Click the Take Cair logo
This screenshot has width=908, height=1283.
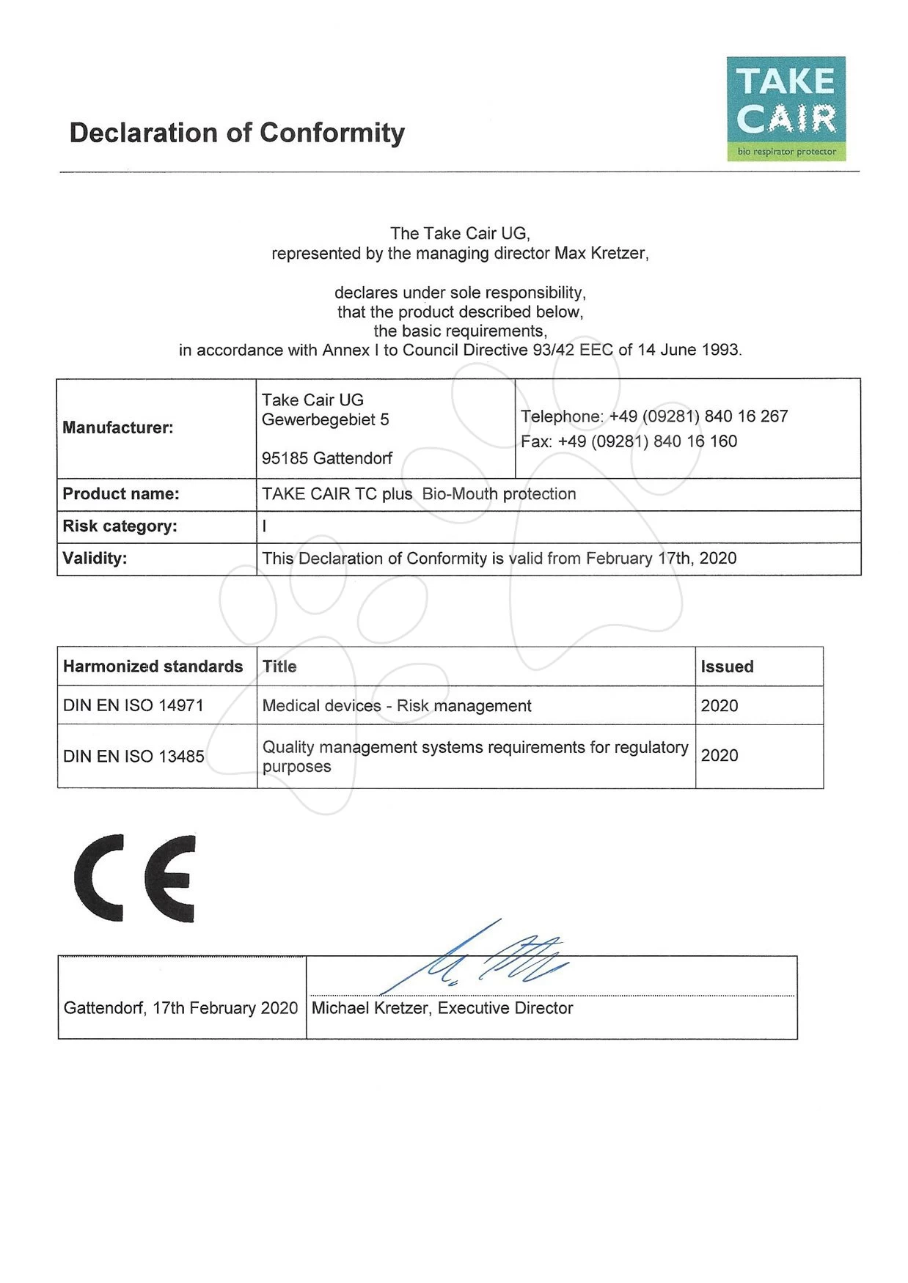click(786, 109)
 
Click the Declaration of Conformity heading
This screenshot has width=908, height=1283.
click(237, 133)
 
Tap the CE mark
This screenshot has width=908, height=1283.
click(135, 878)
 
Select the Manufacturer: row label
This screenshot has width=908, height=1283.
click(118, 427)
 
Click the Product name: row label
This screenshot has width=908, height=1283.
click(121, 494)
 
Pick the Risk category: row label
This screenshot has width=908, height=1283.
click(120, 526)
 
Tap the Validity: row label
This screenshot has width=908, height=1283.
click(95, 559)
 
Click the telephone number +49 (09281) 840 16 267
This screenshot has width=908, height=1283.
click(698, 416)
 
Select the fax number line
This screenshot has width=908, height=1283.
click(629, 441)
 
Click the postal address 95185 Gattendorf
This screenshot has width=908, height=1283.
click(327, 459)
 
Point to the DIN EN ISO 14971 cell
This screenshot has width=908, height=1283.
click(133, 705)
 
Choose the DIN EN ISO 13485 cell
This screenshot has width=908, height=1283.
click(133, 757)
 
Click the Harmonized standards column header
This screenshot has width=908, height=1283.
click(153, 666)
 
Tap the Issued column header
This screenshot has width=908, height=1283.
click(727, 666)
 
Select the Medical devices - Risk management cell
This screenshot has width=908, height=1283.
click(397, 706)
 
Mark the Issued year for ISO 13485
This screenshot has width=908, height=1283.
click(720, 756)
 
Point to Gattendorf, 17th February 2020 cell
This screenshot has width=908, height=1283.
click(180, 1008)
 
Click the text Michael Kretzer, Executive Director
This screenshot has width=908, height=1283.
click(442, 1008)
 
